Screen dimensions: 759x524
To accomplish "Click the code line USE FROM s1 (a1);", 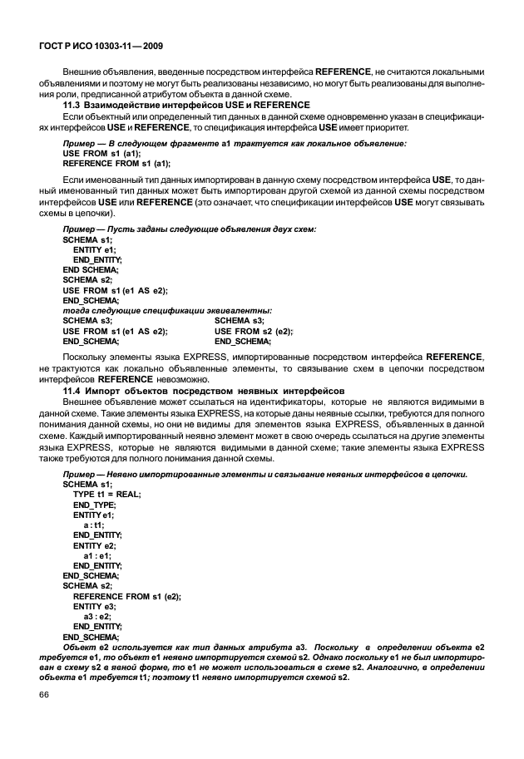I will pos(102,154).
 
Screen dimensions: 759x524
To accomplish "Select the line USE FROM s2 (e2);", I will pos(254,331).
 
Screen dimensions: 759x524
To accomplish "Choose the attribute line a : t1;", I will pos(93,525).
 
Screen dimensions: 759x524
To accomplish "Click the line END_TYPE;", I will pos(94,504).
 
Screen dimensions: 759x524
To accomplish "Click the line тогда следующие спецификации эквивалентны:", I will pos(167,310).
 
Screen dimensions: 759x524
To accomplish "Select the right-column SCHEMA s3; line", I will pos(240,320).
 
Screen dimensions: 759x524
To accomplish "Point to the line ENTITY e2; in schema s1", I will pos(94,545).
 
